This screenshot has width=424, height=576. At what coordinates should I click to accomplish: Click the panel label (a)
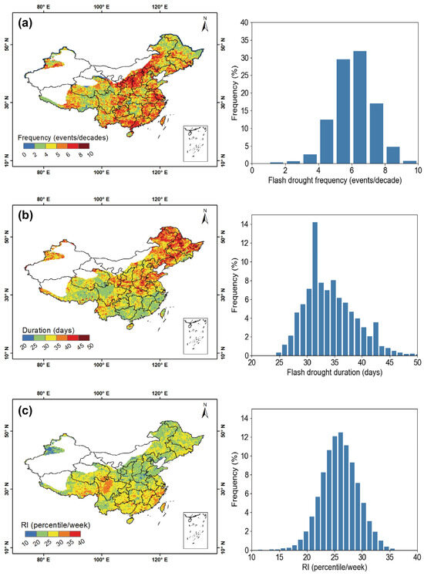pos(25,24)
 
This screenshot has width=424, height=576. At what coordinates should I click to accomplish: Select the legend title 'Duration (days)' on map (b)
pos(45,329)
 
